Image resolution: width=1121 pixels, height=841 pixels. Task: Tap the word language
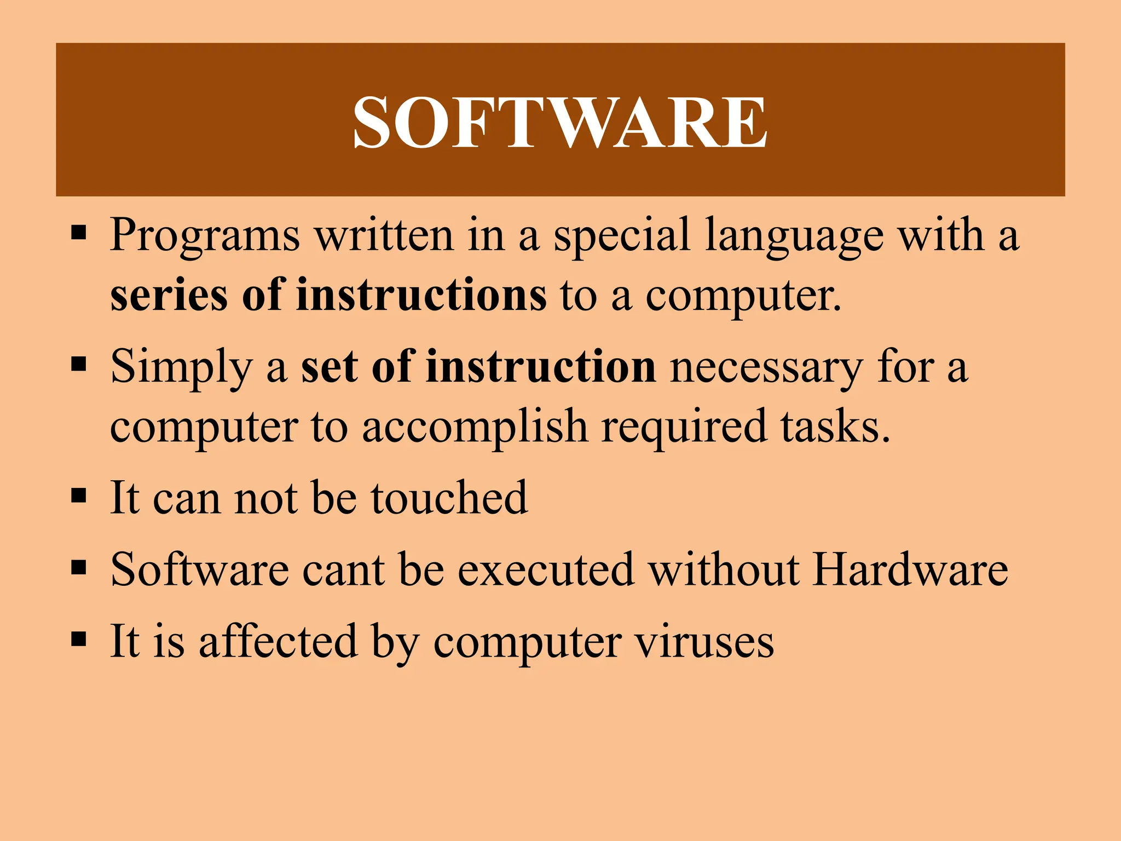[794, 237]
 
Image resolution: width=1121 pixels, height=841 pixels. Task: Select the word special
[622, 237]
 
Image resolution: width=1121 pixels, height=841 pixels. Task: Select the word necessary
[767, 368]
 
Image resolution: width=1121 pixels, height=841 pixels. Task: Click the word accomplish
[475, 427]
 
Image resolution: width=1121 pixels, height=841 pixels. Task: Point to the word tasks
[835, 427]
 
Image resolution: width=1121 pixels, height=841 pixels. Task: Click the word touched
[449, 498]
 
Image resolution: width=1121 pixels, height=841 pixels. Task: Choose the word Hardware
[910, 569]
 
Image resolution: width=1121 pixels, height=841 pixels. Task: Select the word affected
[278, 641]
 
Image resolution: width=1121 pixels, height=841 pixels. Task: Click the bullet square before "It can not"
[79, 496]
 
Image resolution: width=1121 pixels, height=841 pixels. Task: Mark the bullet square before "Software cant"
[79, 568]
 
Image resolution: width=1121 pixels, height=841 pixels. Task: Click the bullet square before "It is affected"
[79, 639]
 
